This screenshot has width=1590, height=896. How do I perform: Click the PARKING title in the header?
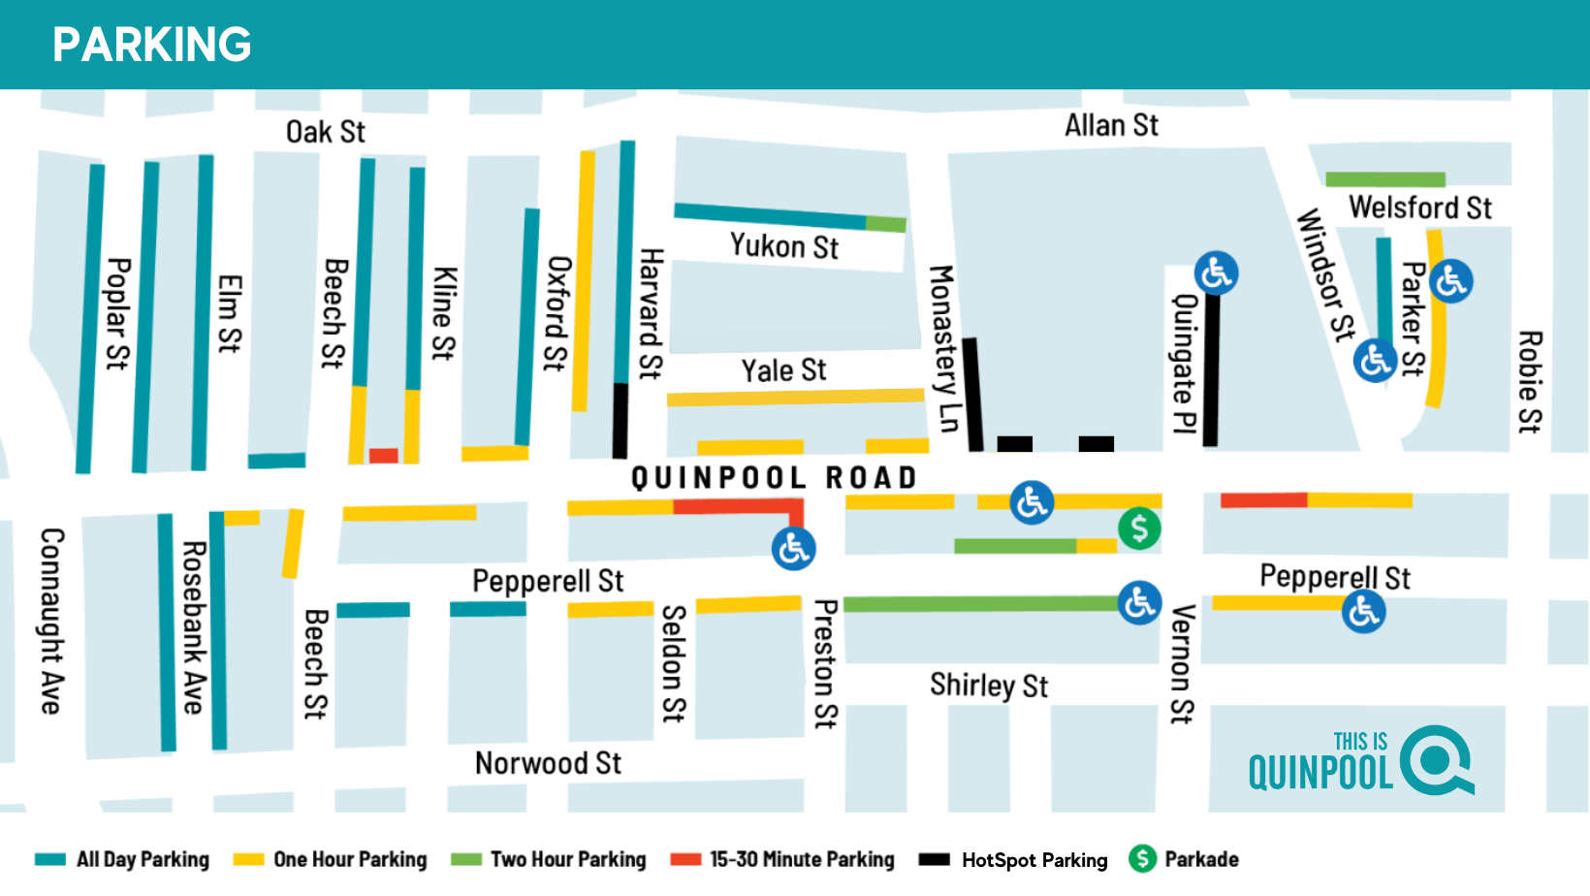[152, 45]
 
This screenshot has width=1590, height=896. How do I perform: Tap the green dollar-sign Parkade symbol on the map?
[1139, 528]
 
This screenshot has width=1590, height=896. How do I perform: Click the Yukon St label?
[783, 246]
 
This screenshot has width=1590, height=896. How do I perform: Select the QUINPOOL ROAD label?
[774, 478]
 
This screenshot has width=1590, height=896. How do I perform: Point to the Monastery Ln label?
[943, 348]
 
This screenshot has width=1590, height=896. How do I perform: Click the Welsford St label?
[1419, 208]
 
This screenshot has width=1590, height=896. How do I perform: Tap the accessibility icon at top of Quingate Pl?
[1216, 273]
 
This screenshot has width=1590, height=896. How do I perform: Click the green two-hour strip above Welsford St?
[1384, 179]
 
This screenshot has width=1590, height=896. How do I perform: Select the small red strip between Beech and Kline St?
[383, 456]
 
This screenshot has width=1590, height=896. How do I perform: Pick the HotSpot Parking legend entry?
[1013, 860]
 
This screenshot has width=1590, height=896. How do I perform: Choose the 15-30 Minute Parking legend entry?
[782, 860]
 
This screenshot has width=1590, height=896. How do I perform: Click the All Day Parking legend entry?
[122, 860]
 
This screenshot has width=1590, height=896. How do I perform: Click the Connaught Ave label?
[52, 621]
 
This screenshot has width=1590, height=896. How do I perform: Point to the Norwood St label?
[548, 763]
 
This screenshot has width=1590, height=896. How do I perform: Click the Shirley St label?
[989, 686]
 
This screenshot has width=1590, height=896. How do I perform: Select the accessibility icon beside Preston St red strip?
[793, 549]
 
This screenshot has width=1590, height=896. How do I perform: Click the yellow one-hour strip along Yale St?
[795, 398]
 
